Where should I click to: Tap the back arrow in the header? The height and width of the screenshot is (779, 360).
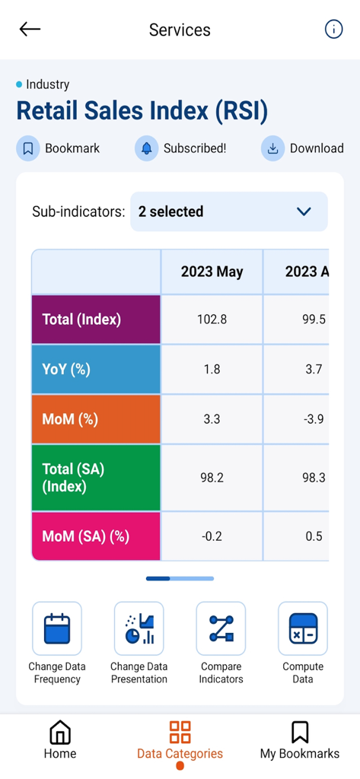point(30,30)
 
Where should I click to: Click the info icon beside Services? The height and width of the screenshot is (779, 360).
point(333,30)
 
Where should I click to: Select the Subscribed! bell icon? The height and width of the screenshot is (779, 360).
point(147,148)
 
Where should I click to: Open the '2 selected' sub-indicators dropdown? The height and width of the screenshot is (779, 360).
point(228,211)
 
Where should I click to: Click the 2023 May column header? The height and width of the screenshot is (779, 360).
point(212,272)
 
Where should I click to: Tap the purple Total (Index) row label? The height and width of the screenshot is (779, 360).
point(96,320)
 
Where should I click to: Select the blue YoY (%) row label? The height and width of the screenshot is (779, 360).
point(96,369)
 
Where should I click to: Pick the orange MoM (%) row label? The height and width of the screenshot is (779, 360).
point(96,419)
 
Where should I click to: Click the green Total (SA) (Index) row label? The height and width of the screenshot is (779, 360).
point(96,478)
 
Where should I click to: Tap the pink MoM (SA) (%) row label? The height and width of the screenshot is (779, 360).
point(96,536)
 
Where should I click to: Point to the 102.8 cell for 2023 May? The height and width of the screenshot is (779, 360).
point(212,320)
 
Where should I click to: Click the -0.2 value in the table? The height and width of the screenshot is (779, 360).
point(212,536)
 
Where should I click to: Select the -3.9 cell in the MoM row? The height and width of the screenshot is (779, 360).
point(313,419)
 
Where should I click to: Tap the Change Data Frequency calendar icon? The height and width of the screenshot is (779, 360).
point(57,628)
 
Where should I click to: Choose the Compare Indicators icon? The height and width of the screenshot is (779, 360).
point(221,628)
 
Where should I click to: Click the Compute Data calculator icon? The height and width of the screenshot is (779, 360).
point(303,628)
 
